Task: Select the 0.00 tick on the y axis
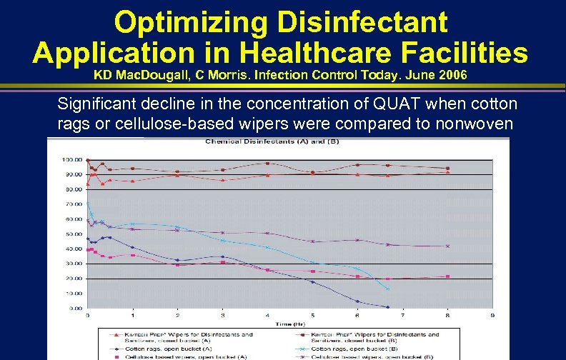(x=71, y=309)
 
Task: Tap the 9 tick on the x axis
(x=492, y=315)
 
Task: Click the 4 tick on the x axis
(x=267, y=315)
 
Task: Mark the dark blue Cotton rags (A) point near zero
(x=387, y=307)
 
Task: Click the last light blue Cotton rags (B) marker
(x=387, y=289)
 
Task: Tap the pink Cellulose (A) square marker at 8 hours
(x=447, y=276)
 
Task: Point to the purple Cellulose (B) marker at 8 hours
(x=447, y=246)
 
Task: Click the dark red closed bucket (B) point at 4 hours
(x=267, y=164)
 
